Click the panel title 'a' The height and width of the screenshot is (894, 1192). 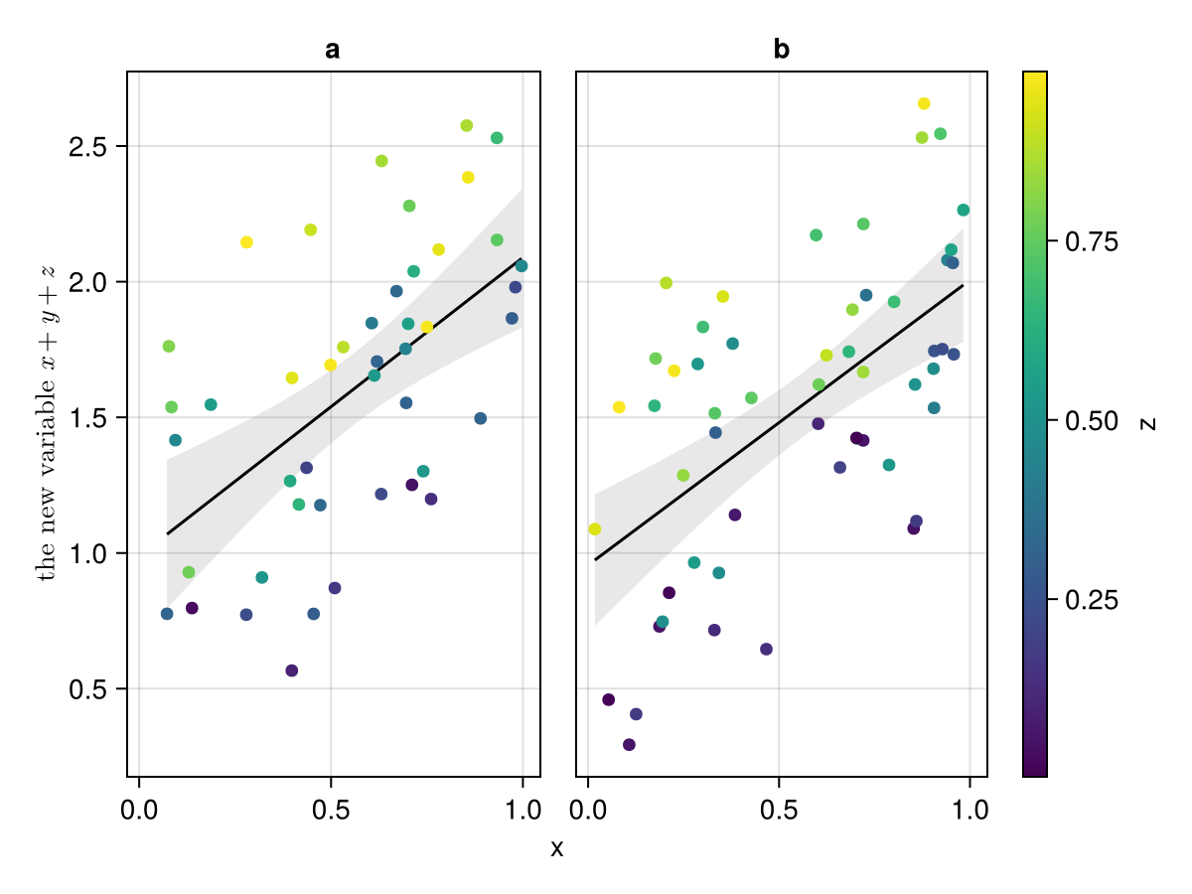click(333, 50)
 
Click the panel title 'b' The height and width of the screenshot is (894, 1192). click(782, 50)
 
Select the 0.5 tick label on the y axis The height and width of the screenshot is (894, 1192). click(94, 689)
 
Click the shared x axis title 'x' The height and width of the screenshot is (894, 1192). click(557, 848)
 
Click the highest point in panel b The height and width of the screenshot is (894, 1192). click(924, 103)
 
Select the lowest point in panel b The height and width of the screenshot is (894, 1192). click(629, 745)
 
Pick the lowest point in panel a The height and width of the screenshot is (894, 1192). click(291, 670)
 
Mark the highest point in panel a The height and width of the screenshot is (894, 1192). click(467, 125)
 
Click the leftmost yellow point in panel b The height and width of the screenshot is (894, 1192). click(595, 529)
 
